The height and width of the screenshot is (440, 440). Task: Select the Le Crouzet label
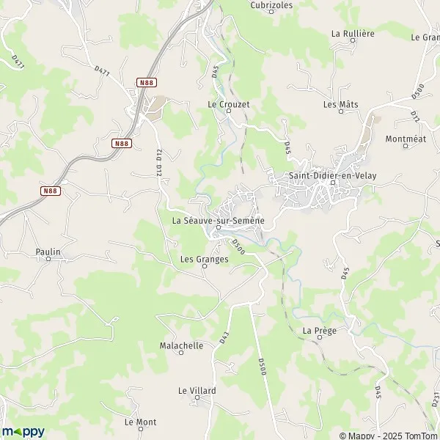(229, 104)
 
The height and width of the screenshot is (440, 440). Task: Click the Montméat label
(405, 139)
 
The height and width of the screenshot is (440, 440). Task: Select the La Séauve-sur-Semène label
(218, 220)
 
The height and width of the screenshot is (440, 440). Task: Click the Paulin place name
(48, 252)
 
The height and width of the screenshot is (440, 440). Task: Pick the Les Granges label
(204, 259)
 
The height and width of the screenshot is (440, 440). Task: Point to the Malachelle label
(181, 345)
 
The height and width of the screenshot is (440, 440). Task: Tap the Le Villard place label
(197, 391)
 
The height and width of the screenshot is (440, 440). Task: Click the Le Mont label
(140, 422)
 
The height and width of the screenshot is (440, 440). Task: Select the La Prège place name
(319, 331)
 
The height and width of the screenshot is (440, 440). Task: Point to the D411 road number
(18, 61)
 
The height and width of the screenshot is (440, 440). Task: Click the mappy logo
(23, 431)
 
